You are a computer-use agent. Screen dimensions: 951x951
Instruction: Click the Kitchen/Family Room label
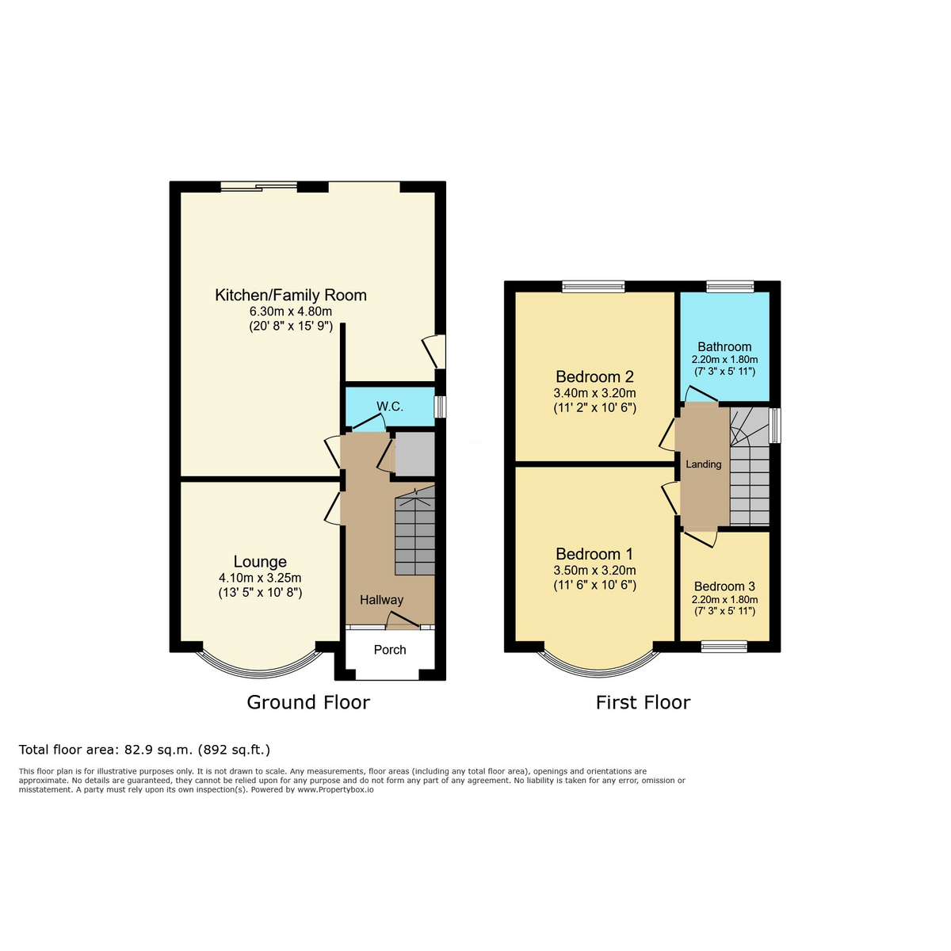pyautogui.click(x=291, y=295)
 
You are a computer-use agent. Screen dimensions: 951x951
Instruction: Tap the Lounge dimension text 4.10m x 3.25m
pyautogui.click(x=260, y=578)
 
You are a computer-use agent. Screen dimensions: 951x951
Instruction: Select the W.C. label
pyautogui.click(x=390, y=407)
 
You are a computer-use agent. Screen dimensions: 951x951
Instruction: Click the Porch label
pyautogui.click(x=390, y=650)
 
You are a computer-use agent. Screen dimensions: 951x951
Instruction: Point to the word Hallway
pyautogui.click(x=381, y=600)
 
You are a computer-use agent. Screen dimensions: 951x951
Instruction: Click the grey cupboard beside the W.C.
pyautogui.click(x=414, y=455)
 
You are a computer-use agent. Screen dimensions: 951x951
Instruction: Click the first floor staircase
pyautogui.click(x=750, y=466)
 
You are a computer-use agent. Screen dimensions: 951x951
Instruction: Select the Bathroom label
pyautogui.click(x=724, y=346)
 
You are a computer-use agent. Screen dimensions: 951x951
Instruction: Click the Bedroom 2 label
pyautogui.click(x=594, y=376)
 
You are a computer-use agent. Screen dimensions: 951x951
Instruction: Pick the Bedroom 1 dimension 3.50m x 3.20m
pyautogui.click(x=594, y=571)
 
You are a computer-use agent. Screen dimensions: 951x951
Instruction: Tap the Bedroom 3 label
pyautogui.click(x=724, y=586)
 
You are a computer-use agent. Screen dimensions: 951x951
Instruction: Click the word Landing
pyautogui.click(x=704, y=464)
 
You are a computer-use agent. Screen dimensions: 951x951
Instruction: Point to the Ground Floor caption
pyautogui.click(x=308, y=702)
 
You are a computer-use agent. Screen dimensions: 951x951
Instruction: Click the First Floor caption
pyautogui.click(x=643, y=702)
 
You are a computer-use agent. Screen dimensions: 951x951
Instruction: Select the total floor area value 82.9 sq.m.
pyautogui.click(x=158, y=750)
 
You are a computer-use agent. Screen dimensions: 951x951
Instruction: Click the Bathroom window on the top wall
pyautogui.click(x=731, y=286)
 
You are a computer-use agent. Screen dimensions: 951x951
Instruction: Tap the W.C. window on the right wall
pyautogui.click(x=440, y=407)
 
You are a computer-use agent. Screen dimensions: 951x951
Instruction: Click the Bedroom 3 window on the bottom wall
pyautogui.click(x=724, y=647)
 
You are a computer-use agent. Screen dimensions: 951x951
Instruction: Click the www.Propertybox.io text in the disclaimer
pyautogui.click(x=335, y=789)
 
